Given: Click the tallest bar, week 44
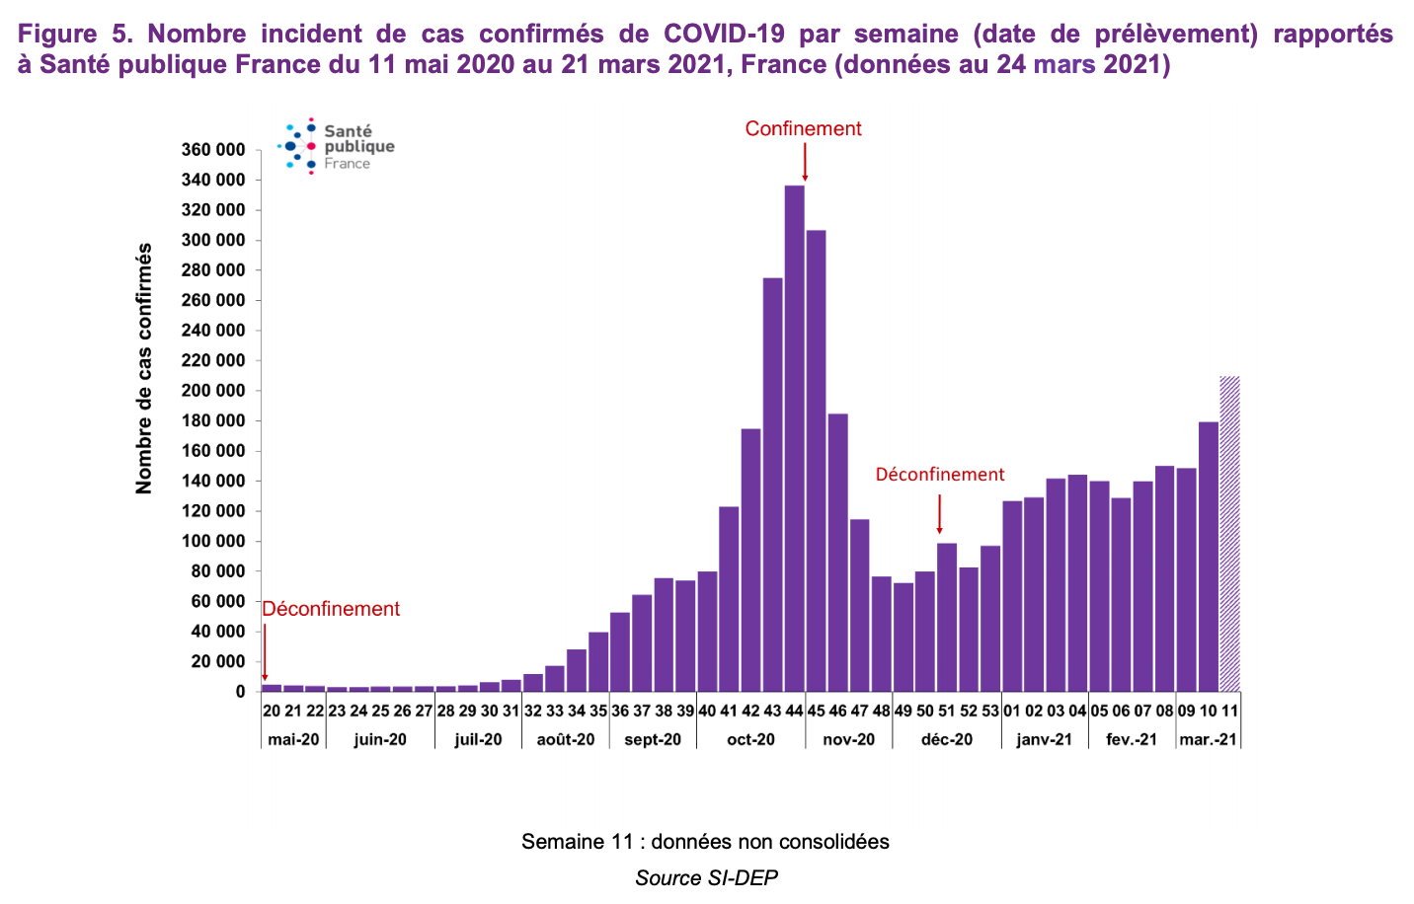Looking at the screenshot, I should tap(794, 439).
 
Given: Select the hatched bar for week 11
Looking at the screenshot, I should tap(1229, 534).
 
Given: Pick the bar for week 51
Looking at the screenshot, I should tap(947, 618).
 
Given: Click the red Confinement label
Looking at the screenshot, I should tap(803, 129).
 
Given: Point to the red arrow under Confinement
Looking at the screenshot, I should tap(805, 163).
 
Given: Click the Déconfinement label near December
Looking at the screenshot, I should tap(939, 475).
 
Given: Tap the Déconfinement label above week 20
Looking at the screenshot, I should tap(331, 609).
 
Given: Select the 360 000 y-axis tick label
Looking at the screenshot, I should tap(212, 150).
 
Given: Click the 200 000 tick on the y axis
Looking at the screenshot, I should tap(212, 391).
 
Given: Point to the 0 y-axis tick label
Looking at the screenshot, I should tap(240, 692).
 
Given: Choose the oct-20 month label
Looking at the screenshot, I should tap(750, 739).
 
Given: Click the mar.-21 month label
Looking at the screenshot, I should tap(1208, 739).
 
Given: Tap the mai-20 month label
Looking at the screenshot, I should tap(293, 739).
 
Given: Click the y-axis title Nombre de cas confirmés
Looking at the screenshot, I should tap(145, 368).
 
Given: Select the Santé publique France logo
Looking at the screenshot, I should tap(337, 146).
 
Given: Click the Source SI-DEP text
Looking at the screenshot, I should tap(706, 877).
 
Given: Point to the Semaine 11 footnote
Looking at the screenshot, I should tap(705, 842).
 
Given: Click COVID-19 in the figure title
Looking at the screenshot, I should tap(724, 34).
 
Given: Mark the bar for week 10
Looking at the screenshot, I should tap(1208, 557).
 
